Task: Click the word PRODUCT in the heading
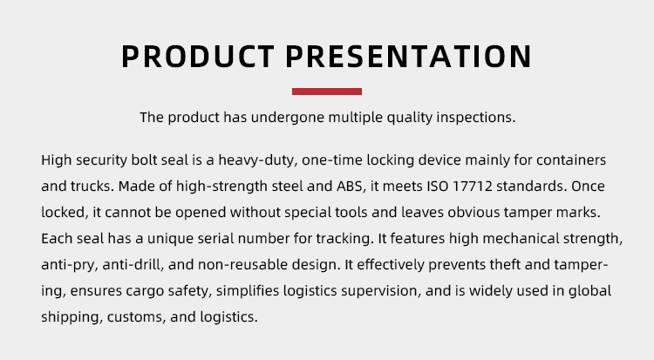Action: point(198,56)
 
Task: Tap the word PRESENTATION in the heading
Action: point(409,56)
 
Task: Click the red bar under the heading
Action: point(327,92)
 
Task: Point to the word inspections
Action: point(476,118)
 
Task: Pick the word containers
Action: point(571,160)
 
